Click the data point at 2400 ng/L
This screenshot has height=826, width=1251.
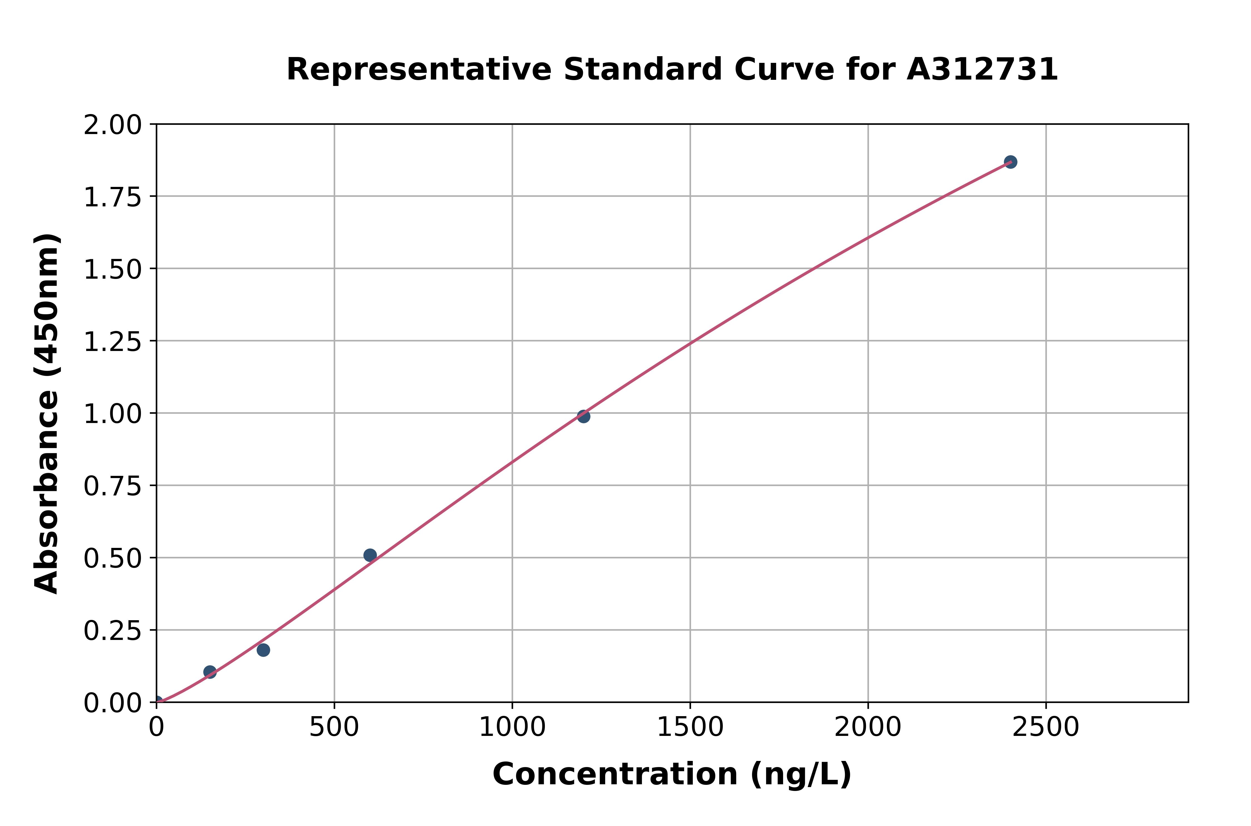(x=1010, y=162)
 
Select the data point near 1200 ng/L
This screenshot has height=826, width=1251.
(x=583, y=416)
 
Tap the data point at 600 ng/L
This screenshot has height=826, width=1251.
(x=370, y=555)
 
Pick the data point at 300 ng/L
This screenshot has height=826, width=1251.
(x=263, y=649)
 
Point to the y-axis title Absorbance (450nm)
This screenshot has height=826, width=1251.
(x=46, y=414)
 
